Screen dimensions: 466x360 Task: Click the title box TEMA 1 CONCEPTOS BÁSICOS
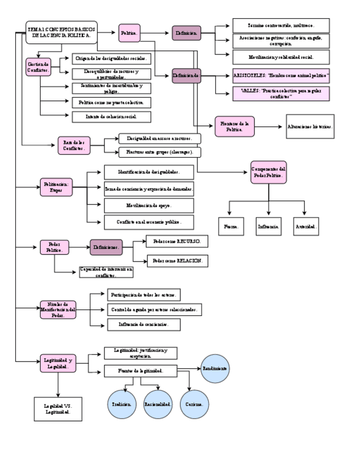62,32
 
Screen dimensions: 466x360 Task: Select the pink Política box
130,34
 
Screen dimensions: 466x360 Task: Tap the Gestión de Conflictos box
38,67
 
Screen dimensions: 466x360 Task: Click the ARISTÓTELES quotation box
281,74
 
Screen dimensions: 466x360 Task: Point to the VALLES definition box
281,93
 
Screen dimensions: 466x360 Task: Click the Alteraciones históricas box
310,126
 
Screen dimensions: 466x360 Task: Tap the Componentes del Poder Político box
268,172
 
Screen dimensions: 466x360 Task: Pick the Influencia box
268,226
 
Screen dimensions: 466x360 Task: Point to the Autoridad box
306,226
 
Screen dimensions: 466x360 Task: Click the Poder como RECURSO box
176,241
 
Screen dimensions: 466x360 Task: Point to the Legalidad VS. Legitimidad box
58,409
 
